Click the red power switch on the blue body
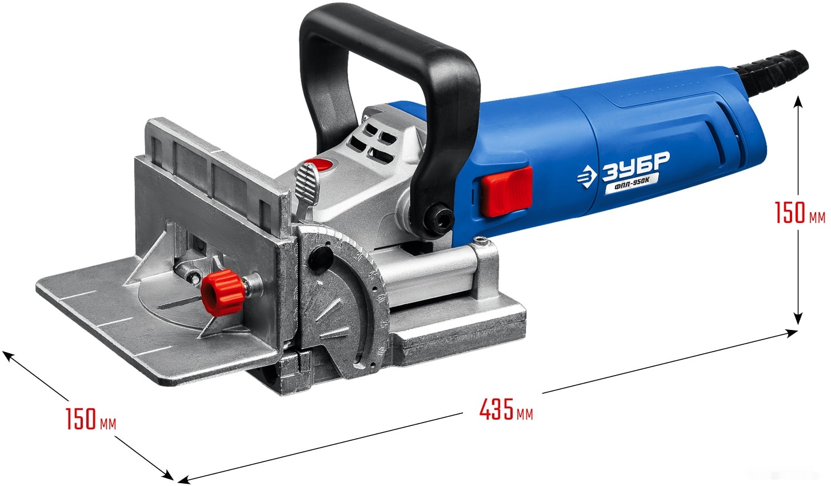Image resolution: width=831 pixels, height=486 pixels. tap(506, 191)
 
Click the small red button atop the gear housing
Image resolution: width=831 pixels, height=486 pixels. tap(318, 165)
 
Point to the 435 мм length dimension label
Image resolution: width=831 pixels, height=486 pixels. tap(506, 409)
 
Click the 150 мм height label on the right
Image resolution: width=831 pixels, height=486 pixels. tap(800, 212)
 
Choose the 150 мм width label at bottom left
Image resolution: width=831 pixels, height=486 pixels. tap(91, 419)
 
